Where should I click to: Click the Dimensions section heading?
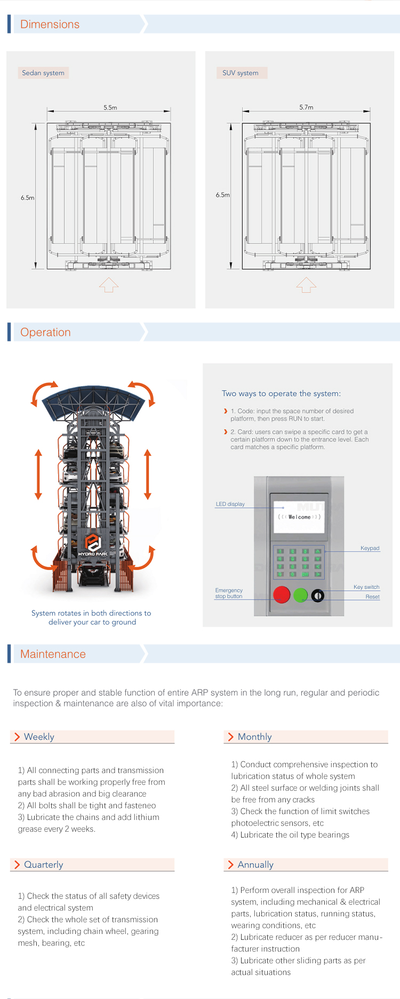click(50, 25)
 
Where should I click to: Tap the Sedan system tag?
click(43, 73)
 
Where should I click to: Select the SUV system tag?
click(241, 73)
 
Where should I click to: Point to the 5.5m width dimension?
click(110, 108)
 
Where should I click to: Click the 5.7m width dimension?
click(306, 108)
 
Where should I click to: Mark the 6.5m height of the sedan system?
click(27, 198)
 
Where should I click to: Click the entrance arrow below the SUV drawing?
click(306, 285)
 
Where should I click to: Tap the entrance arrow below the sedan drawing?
click(109, 285)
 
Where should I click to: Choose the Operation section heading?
click(45, 332)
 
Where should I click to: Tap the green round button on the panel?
click(301, 595)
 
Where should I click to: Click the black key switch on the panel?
click(318, 595)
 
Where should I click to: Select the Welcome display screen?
click(299, 517)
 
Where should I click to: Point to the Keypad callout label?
click(370, 548)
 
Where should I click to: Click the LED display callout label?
click(230, 504)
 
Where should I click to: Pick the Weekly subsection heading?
click(39, 737)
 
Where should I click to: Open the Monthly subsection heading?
click(254, 737)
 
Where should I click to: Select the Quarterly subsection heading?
click(43, 865)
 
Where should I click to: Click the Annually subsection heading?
click(255, 865)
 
